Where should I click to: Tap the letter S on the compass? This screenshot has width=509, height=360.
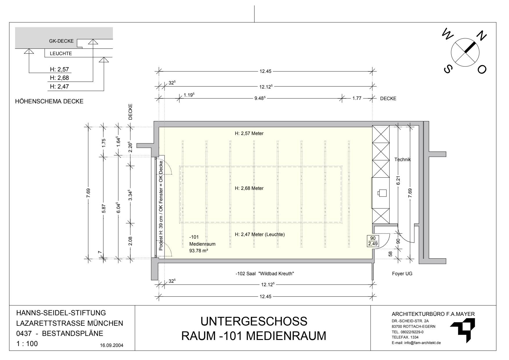[448, 69]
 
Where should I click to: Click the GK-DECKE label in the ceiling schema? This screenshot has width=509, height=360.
[62, 41]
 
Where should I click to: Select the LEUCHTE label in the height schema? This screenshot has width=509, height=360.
[61, 54]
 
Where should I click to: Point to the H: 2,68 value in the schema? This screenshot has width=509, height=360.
[59, 78]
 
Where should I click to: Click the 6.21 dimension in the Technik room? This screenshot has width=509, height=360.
[398, 181]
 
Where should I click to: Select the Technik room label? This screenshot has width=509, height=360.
[402, 159]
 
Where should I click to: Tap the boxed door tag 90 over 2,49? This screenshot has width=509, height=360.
[373, 241]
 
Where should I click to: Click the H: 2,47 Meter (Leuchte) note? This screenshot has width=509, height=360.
[260, 235]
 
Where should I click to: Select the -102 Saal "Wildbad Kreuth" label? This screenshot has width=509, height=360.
[265, 273]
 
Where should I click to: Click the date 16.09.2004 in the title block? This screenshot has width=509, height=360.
[112, 345]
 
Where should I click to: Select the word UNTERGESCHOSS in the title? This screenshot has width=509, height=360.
[254, 322]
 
